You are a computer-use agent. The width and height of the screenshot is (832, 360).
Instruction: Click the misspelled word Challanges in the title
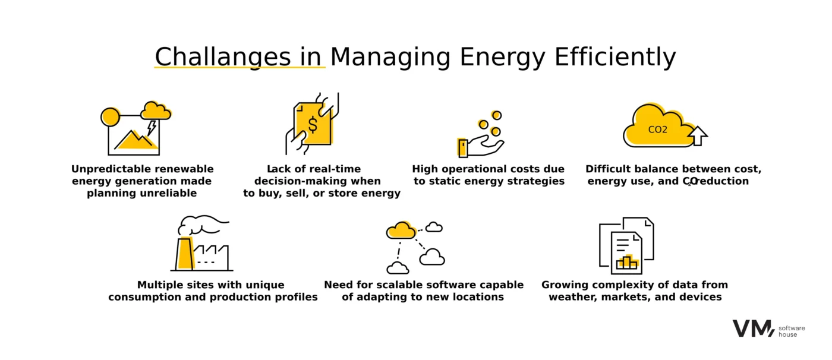[x=222, y=58]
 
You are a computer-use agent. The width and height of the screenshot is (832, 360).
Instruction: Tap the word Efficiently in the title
[x=615, y=58]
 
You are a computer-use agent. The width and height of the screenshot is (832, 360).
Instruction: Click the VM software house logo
[x=768, y=329]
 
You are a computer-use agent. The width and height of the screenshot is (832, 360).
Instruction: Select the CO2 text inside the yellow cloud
[x=657, y=130]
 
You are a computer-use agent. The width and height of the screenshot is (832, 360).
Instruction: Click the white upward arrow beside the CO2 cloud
[x=698, y=136]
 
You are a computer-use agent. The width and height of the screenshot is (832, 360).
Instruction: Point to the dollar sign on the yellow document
[x=313, y=124]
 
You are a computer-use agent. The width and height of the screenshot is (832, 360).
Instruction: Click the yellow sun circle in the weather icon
[x=111, y=117]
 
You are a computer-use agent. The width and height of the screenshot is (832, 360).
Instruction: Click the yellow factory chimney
[x=185, y=254]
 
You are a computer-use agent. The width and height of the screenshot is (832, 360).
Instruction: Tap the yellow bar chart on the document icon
[x=628, y=262]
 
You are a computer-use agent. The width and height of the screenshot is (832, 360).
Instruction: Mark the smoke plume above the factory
[x=203, y=225]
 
